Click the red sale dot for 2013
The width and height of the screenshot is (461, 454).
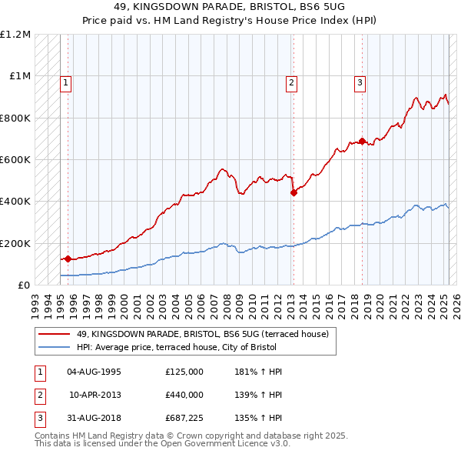[x=294, y=193]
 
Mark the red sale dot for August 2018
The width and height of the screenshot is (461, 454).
[x=362, y=142]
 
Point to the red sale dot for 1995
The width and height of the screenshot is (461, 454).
[x=68, y=259]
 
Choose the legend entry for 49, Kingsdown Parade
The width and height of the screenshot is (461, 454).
[x=202, y=334]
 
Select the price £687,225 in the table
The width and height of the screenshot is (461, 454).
[x=184, y=419]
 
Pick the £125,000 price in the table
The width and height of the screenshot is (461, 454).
[x=184, y=372]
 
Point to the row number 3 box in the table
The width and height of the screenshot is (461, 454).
[x=39, y=419]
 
